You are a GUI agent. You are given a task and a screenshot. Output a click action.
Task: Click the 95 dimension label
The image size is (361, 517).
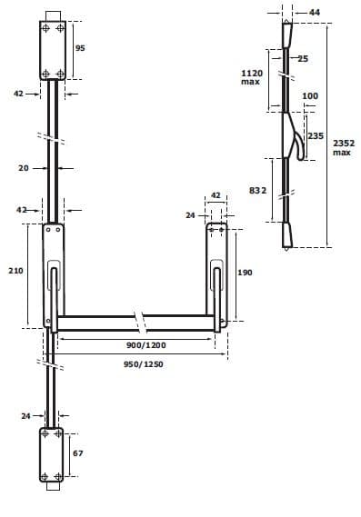click(x=80, y=47)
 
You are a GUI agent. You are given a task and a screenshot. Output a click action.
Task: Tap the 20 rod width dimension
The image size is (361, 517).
click(x=24, y=168)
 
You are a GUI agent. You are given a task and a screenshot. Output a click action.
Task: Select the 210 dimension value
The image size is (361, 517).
click(x=15, y=271)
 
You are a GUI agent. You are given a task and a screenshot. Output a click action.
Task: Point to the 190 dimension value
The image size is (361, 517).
click(x=245, y=273)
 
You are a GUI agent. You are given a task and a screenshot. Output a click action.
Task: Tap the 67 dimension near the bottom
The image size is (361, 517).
click(x=77, y=452)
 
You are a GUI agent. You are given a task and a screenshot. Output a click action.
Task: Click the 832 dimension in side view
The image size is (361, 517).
click(x=256, y=190)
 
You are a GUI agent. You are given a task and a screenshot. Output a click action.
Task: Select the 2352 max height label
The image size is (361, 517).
click(x=342, y=147)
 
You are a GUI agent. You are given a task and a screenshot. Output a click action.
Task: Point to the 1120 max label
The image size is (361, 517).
click(x=251, y=76)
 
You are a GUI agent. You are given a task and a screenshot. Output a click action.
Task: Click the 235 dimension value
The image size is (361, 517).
click(x=316, y=135)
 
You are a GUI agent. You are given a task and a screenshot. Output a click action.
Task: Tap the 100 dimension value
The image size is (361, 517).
click(x=310, y=95)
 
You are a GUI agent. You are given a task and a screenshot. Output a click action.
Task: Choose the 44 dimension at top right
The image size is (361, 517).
click(x=315, y=12)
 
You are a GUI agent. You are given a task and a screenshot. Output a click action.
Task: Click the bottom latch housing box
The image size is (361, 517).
click(x=51, y=454)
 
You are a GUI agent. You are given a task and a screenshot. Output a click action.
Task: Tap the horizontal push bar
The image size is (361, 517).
click(x=100, y=322)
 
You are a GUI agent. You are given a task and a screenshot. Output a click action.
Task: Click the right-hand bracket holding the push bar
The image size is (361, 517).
click(x=217, y=273)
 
